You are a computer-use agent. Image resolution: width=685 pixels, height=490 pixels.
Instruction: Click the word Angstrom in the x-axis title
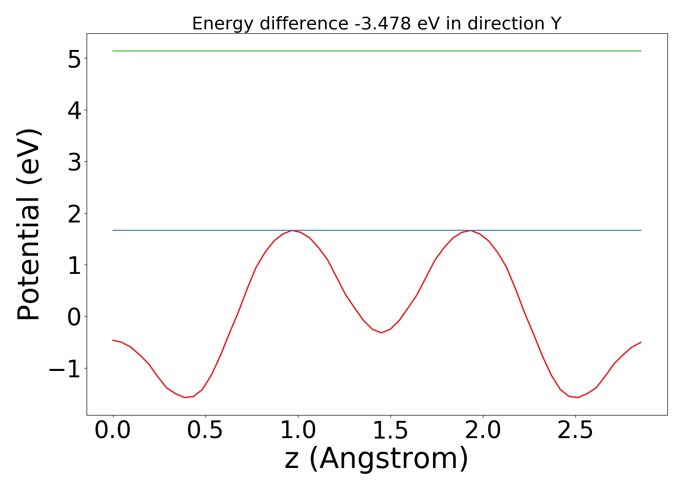coord(388,459)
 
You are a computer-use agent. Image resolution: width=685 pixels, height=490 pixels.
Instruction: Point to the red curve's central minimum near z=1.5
coord(381,333)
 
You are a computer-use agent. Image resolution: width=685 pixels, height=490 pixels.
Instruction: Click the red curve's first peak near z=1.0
coord(293,230)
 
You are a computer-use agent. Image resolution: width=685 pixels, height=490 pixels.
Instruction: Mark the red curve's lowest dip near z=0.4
coord(185,397)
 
